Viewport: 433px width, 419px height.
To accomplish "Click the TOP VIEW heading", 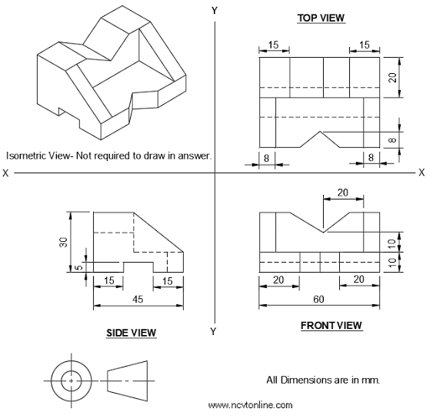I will [x=321, y=17].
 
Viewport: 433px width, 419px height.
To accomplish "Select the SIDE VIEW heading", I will [x=131, y=333].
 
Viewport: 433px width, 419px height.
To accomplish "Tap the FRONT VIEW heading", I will [x=331, y=326].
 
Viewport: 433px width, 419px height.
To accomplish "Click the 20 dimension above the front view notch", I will [x=342, y=192].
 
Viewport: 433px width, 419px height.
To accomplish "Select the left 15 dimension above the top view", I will [x=275, y=45].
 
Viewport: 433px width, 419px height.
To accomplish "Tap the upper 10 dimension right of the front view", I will [x=391, y=243].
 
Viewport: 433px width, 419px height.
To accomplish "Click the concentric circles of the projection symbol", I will [x=72, y=380].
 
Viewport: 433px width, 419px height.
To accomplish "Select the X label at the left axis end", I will [x=6, y=173].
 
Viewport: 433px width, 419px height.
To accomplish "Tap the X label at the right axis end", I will [x=421, y=173].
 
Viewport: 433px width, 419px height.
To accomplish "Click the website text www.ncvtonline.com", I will [x=251, y=404].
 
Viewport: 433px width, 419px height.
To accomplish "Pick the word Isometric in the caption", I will [x=25, y=155].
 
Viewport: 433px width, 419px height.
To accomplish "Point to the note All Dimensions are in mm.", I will [x=323, y=380].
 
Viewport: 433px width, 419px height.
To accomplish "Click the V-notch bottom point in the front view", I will [x=324, y=231].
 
